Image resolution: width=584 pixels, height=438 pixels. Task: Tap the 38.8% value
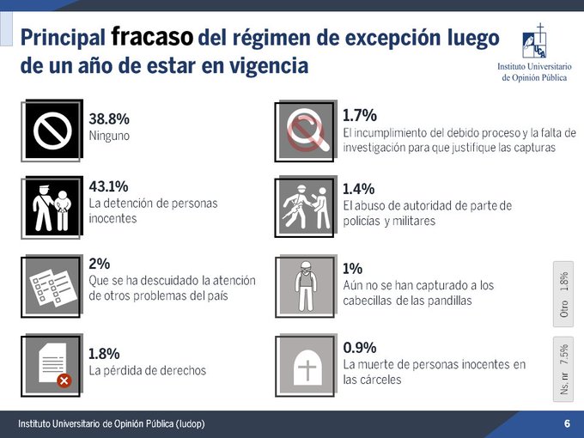[109, 119]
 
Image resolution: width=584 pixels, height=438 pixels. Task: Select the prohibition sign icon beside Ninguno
[52, 130]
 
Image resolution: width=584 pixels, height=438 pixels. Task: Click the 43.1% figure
[108, 186]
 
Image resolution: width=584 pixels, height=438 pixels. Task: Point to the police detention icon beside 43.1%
[52, 203]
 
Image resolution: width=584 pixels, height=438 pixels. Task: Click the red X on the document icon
[64, 380]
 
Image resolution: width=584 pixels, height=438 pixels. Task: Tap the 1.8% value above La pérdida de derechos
[104, 353]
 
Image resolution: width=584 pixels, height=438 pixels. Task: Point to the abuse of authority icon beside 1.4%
[305, 206]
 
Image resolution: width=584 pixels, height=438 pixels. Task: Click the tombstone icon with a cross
[305, 364]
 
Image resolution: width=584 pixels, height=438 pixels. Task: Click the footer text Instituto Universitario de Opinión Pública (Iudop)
[113, 424]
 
